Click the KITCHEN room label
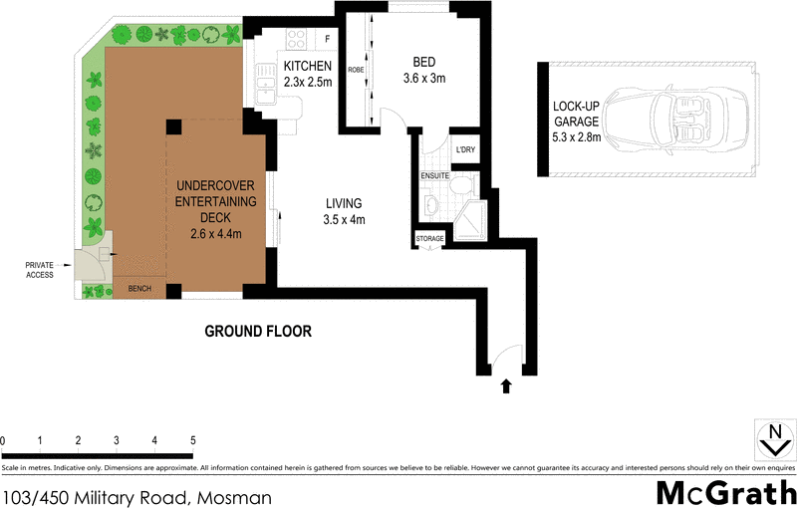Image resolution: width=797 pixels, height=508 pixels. (x=307, y=67)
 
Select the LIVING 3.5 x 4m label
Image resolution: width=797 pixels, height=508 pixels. (x=346, y=211)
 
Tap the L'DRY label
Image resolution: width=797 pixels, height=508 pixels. (x=465, y=149)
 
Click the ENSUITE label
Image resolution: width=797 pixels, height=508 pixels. (x=435, y=175)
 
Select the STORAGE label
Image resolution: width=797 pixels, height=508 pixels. (x=430, y=239)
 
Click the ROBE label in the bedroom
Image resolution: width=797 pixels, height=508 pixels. (x=356, y=71)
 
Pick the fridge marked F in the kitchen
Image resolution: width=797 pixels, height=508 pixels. (x=326, y=39)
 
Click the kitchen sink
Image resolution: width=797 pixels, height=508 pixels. (x=265, y=83)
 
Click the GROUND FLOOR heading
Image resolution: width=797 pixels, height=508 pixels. (x=258, y=331)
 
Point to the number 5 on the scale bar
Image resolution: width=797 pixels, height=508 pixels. (x=192, y=439)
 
